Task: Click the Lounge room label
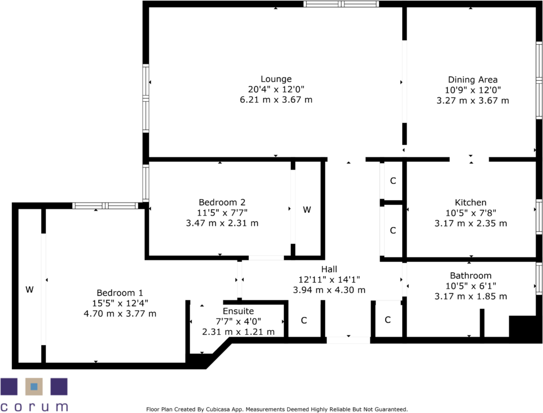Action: click(276, 79)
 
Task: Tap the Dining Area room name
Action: click(472, 80)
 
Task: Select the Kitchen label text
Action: click(471, 203)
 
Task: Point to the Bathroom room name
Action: click(471, 276)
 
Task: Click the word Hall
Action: click(329, 269)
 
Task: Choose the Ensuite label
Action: click(238, 311)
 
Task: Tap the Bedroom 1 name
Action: click(120, 292)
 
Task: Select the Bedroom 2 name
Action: click(222, 203)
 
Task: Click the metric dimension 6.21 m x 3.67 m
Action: click(276, 100)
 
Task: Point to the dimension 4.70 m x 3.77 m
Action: click(120, 313)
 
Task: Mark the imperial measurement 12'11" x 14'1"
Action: click(329, 279)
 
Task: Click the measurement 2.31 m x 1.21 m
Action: click(238, 332)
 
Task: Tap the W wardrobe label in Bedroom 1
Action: click(29, 290)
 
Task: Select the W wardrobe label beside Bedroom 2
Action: click(307, 210)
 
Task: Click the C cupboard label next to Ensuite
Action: click(304, 321)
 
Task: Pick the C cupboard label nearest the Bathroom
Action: click(388, 320)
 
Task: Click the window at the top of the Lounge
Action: click(341, 4)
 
